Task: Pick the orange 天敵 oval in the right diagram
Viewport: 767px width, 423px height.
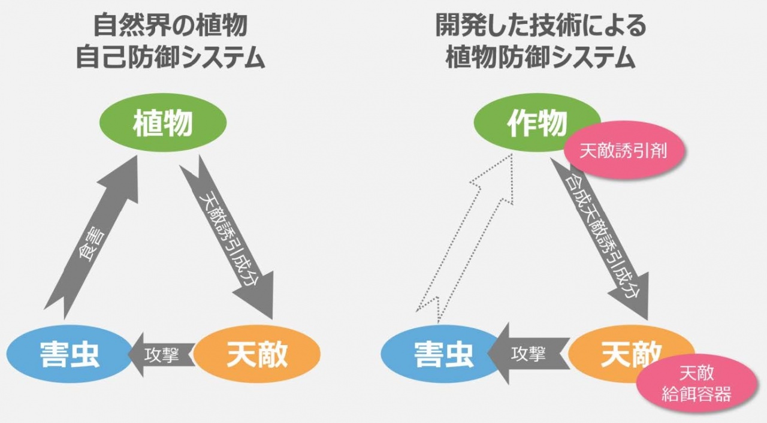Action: [623, 353]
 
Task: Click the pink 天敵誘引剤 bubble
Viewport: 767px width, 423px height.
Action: [623, 151]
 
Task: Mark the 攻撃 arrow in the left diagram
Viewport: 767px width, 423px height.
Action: [161, 355]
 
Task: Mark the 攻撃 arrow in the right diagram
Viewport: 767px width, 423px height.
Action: [527, 354]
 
